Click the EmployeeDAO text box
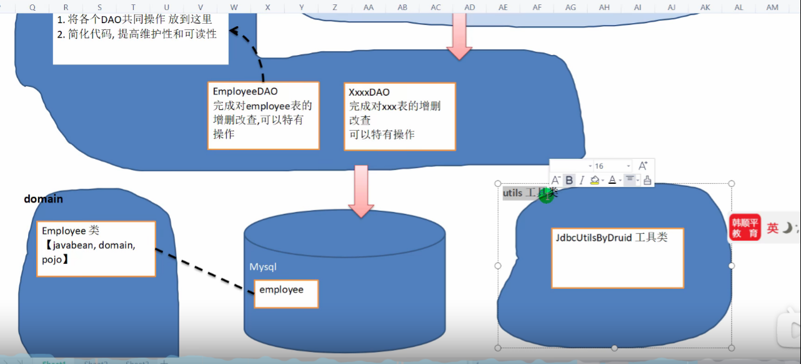tap(263, 116)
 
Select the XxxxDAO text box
tap(400, 116)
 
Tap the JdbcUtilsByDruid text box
tap(617, 258)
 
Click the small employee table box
tap(286, 293)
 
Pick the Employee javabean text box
tap(95, 248)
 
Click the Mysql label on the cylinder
tap(263, 267)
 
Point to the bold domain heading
tap(43, 199)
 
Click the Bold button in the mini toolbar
tap(569, 180)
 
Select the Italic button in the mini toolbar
tap(581, 180)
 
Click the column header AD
tap(469, 7)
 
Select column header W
tap(234, 7)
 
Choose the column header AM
tap(772, 7)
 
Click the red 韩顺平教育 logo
tap(745, 228)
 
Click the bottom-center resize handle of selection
tap(615, 348)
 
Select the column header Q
tap(32, 7)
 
